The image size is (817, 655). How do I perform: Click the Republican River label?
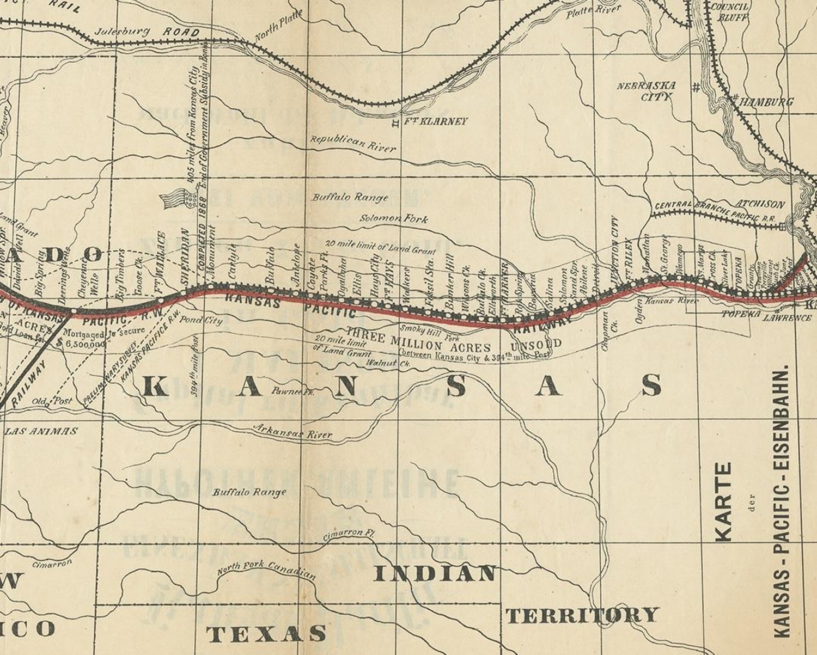[x=353, y=143]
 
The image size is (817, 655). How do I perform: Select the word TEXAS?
[x=266, y=633]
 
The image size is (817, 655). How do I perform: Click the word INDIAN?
[x=436, y=573]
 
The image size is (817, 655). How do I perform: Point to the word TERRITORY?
[x=582, y=615]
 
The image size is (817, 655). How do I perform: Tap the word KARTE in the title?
[x=723, y=502]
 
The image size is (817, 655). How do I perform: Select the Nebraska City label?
[x=647, y=91]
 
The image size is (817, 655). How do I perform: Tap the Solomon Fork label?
[x=394, y=219]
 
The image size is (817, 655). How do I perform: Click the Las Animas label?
[x=41, y=431]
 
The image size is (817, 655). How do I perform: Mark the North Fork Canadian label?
[x=266, y=569]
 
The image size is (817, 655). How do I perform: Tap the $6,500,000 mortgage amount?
[x=85, y=344]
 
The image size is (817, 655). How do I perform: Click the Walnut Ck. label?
[x=387, y=363]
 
